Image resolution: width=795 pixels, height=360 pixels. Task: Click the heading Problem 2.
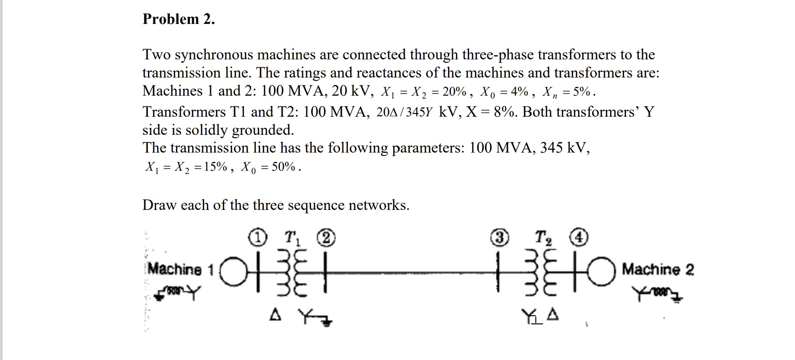[x=178, y=19]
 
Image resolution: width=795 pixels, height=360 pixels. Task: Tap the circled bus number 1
[x=258, y=238]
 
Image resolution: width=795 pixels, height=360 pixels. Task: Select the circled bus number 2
[x=326, y=238]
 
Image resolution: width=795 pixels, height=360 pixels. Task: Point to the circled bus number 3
[x=500, y=238]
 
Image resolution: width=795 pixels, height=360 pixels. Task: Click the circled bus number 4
[x=579, y=238]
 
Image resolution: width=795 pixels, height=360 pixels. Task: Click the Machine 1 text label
[x=180, y=269]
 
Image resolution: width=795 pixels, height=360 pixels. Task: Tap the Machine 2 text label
[x=658, y=270]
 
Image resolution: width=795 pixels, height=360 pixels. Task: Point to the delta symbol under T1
[x=276, y=316]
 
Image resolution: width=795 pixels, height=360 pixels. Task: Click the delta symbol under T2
[x=553, y=316]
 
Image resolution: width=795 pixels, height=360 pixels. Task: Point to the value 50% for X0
[x=284, y=167]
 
